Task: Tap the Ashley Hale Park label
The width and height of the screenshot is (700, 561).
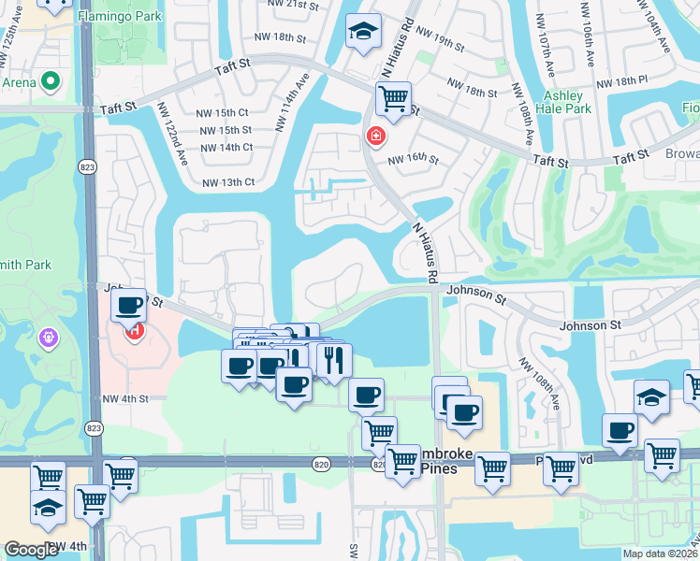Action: [x=566, y=102]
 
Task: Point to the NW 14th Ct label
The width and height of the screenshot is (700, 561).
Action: [x=225, y=147]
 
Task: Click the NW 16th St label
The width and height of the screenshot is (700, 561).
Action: [x=413, y=159]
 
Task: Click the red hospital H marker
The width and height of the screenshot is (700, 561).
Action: [x=135, y=330]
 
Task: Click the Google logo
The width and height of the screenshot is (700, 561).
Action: [x=32, y=550]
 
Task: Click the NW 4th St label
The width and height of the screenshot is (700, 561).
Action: [x=125, y=399]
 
